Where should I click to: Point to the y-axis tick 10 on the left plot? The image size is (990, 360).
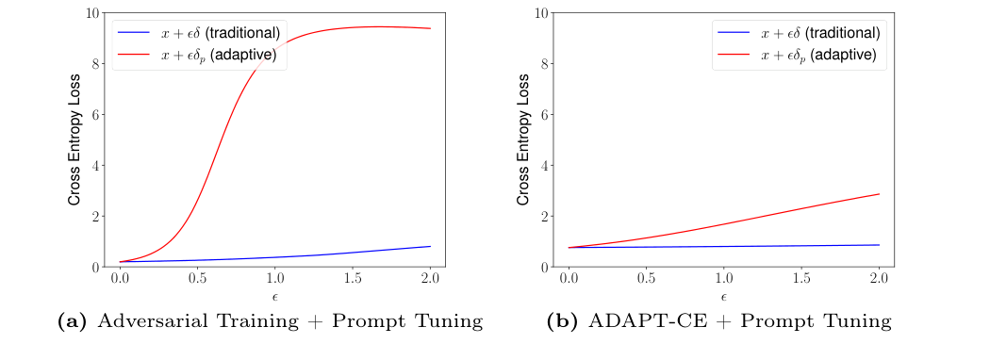pos(94,13)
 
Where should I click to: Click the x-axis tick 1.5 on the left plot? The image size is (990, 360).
pos(353,280)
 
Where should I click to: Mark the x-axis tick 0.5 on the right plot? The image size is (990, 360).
pos(647,280)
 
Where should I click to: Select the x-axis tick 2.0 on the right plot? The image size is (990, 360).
pos(879,280)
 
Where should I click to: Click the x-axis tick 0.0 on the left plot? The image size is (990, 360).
pos(120,280)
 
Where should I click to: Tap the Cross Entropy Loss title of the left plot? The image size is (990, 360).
pos(74,139)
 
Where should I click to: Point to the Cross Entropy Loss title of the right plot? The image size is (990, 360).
pos(523,139)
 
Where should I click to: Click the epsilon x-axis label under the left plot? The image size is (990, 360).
pos(274,297)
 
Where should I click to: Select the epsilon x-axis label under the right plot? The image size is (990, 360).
pos(723,297)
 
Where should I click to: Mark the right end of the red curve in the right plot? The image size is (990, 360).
pos(879,194)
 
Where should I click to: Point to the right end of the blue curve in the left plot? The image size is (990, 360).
pos(430,247)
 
